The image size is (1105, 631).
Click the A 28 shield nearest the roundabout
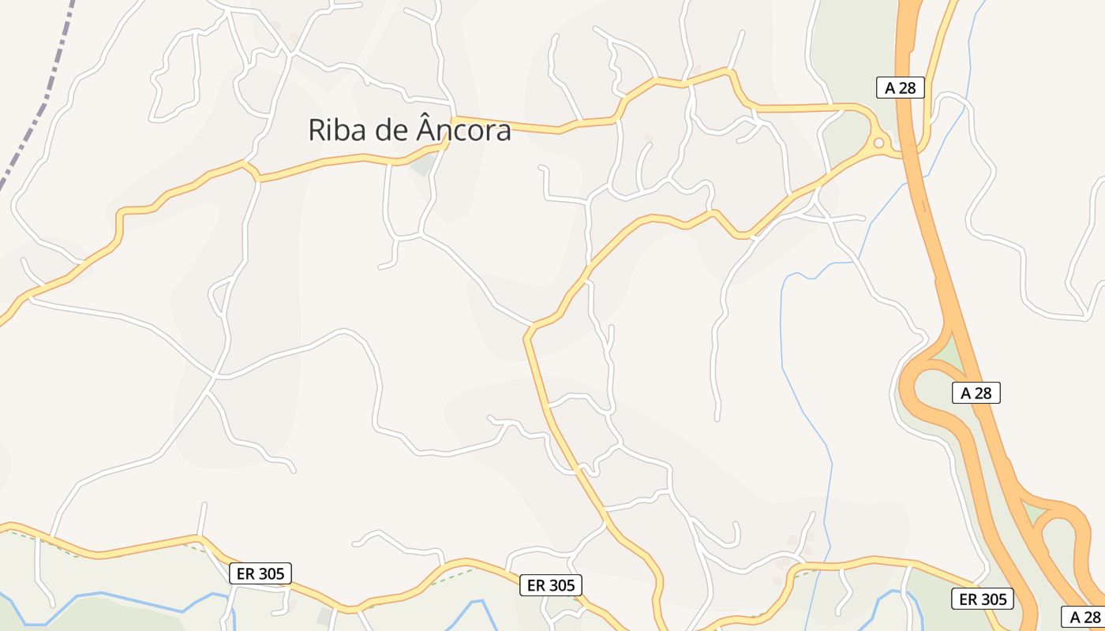click(x=900, y=88)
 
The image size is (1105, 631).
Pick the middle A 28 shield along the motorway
click(x=976, y=393)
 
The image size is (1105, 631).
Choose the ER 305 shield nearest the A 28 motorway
click(x=982, y=599)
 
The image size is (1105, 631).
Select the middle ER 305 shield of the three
click(x=551, y=585)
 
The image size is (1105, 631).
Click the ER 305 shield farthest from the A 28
click(x=260, y=573)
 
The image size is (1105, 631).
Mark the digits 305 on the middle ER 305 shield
click(x=561, y=585)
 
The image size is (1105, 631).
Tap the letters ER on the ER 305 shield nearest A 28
click(x=966, y=599)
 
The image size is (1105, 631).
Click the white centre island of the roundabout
click(x=878, y=144)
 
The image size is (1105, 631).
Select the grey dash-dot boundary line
click(x=39, y=118)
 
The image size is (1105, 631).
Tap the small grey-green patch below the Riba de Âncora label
click(x=423, y=164)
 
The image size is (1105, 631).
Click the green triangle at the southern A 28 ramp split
click(x=1034, y=513)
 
